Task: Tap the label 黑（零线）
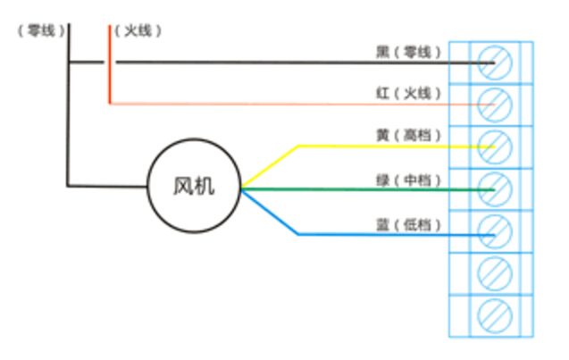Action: pos(408,52)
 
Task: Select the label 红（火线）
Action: pos(408,94)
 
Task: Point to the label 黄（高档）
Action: pos(408,136)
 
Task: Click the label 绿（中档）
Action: pos(408,180)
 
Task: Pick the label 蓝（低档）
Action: pos(408,225)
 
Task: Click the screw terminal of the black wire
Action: pos(495,63)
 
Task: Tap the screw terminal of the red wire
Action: pos(495,105)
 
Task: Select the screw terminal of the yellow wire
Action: pos(495,147)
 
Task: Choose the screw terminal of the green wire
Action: pos(495,189)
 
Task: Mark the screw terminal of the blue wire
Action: pos(495,231)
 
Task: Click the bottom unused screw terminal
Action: pos(495,316)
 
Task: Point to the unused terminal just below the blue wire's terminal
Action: pos(495,273)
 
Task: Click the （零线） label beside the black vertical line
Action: pos(41,30)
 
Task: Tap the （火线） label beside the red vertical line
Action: pos(138,30)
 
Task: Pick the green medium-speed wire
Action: pos(368,189)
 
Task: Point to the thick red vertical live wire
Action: pos(110,64)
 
